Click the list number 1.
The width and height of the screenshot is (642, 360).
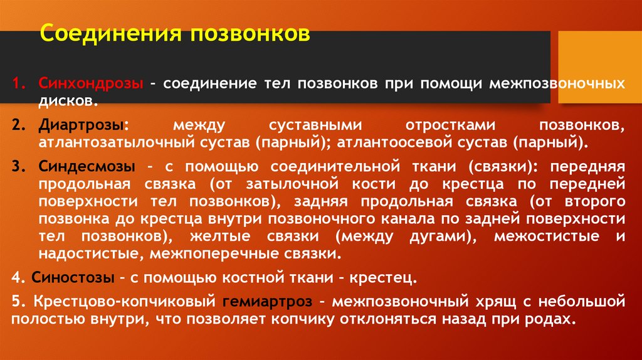pyautogui.click(x=19, y=83)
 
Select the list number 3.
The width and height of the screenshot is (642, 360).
pyautogui.click(x=18, y=167)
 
